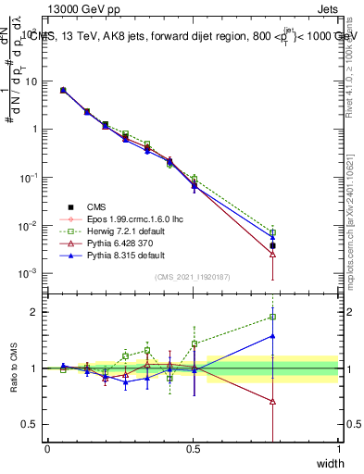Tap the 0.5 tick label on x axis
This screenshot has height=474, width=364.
tap(193, 448)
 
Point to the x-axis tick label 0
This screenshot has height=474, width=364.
tap(47, 448)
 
